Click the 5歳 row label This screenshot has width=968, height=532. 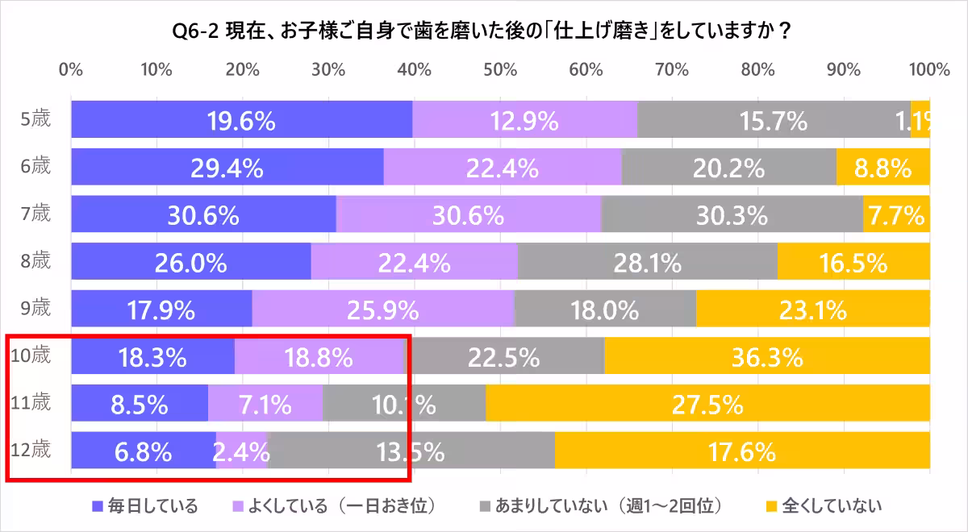[35, 119]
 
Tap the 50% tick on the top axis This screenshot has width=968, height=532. [500, 69]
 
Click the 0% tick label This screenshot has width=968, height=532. [71, 69]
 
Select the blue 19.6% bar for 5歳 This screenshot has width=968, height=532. [241, 120]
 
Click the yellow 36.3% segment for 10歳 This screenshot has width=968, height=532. [766, 355]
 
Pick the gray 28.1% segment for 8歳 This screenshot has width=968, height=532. [647, 262]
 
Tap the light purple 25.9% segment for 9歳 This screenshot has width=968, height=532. [383, 309]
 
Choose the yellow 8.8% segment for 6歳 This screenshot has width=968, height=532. [882, 168]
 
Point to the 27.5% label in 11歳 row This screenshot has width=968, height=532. [707, 404]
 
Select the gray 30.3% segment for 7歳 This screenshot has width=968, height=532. [732, 215]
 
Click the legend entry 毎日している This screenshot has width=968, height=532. [145, 506]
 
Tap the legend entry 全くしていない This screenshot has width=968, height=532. [823, 506]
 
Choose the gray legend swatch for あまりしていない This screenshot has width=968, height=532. [485, 506]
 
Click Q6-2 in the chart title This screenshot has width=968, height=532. [196, 31]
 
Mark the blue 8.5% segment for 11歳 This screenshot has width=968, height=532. [140, 403]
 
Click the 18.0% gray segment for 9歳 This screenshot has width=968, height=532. [604, 309]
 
